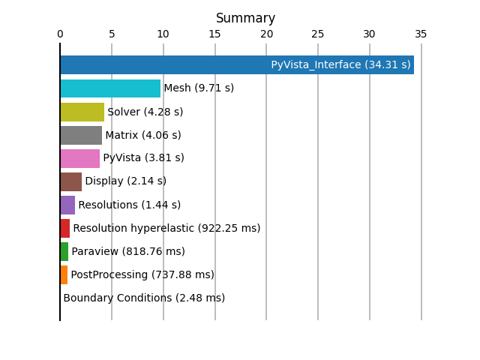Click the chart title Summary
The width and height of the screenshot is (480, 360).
pos(245,18)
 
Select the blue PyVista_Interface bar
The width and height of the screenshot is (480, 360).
pos(237,65)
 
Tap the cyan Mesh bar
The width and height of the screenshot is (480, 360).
pos(110,88)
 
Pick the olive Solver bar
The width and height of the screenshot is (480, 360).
pos(82,112)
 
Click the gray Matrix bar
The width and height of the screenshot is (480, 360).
pos(81,135)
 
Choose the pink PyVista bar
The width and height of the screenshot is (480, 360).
pos(80,158)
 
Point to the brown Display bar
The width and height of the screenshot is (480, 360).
pos(71,181)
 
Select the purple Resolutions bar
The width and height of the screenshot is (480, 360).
pos(67,205)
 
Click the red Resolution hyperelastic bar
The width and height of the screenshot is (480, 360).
pos(65,228)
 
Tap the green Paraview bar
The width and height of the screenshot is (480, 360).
pos(64,252)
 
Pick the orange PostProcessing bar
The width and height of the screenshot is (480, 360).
pos(64,275)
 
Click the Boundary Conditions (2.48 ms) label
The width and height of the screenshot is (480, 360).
pos(144,298)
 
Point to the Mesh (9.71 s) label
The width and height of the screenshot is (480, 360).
pos(199,88)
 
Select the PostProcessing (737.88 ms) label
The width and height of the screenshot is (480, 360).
pos(142,274)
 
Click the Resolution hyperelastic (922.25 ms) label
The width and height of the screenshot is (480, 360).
pos(166,228)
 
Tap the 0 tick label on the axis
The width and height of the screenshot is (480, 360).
pos(60,34)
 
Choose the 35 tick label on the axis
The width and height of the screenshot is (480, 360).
pos(421,34)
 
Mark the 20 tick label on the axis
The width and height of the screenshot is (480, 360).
pos(267,34)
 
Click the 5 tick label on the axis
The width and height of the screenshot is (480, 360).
pos(112,34)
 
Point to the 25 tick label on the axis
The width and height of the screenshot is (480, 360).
pos(318,34)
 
